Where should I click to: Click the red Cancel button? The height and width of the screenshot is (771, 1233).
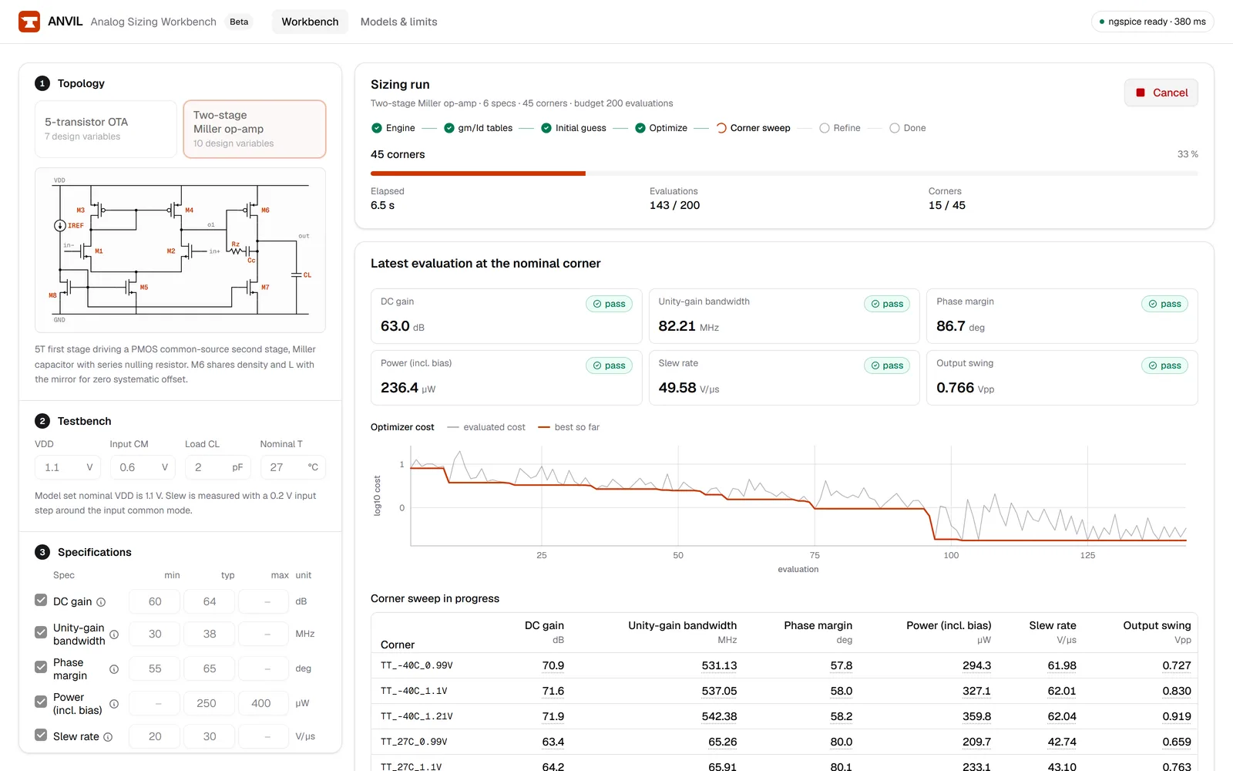pos(1161,93)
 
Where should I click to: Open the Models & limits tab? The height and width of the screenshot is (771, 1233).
pos(398,22)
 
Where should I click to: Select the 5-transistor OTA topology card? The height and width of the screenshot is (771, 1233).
pos(106,129)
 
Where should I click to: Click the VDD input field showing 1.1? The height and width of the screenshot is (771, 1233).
pos(68,467)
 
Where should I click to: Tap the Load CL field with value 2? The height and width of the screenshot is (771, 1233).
pos(218,467)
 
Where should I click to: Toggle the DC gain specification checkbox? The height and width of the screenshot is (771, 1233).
pos(41,600)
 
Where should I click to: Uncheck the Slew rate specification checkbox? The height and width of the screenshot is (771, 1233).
pos(41,735)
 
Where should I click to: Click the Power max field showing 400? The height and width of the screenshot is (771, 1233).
pos(261,703)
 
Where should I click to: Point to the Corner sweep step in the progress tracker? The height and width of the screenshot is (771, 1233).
pos(754,128)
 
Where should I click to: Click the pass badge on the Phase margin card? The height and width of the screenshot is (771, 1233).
pos(1164,304)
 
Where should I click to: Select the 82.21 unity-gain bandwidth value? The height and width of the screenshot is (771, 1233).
pos(677,326)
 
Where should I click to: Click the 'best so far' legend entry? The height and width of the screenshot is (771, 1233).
pos(569,427)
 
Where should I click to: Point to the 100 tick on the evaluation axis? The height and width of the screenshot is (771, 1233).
pos(951,555)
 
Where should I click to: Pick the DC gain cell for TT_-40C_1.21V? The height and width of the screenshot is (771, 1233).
pos(553,716)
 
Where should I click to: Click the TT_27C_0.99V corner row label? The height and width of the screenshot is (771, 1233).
pos(414,741)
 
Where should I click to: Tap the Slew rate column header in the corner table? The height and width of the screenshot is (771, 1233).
pos(1053,625)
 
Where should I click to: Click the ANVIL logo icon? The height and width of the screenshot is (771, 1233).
pos(29,22)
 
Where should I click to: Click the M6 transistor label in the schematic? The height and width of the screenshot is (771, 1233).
pos(265,210)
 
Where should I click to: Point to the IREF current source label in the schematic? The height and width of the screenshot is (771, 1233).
pos(76,225)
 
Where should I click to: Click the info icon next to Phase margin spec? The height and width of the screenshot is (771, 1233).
pos(114,669)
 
